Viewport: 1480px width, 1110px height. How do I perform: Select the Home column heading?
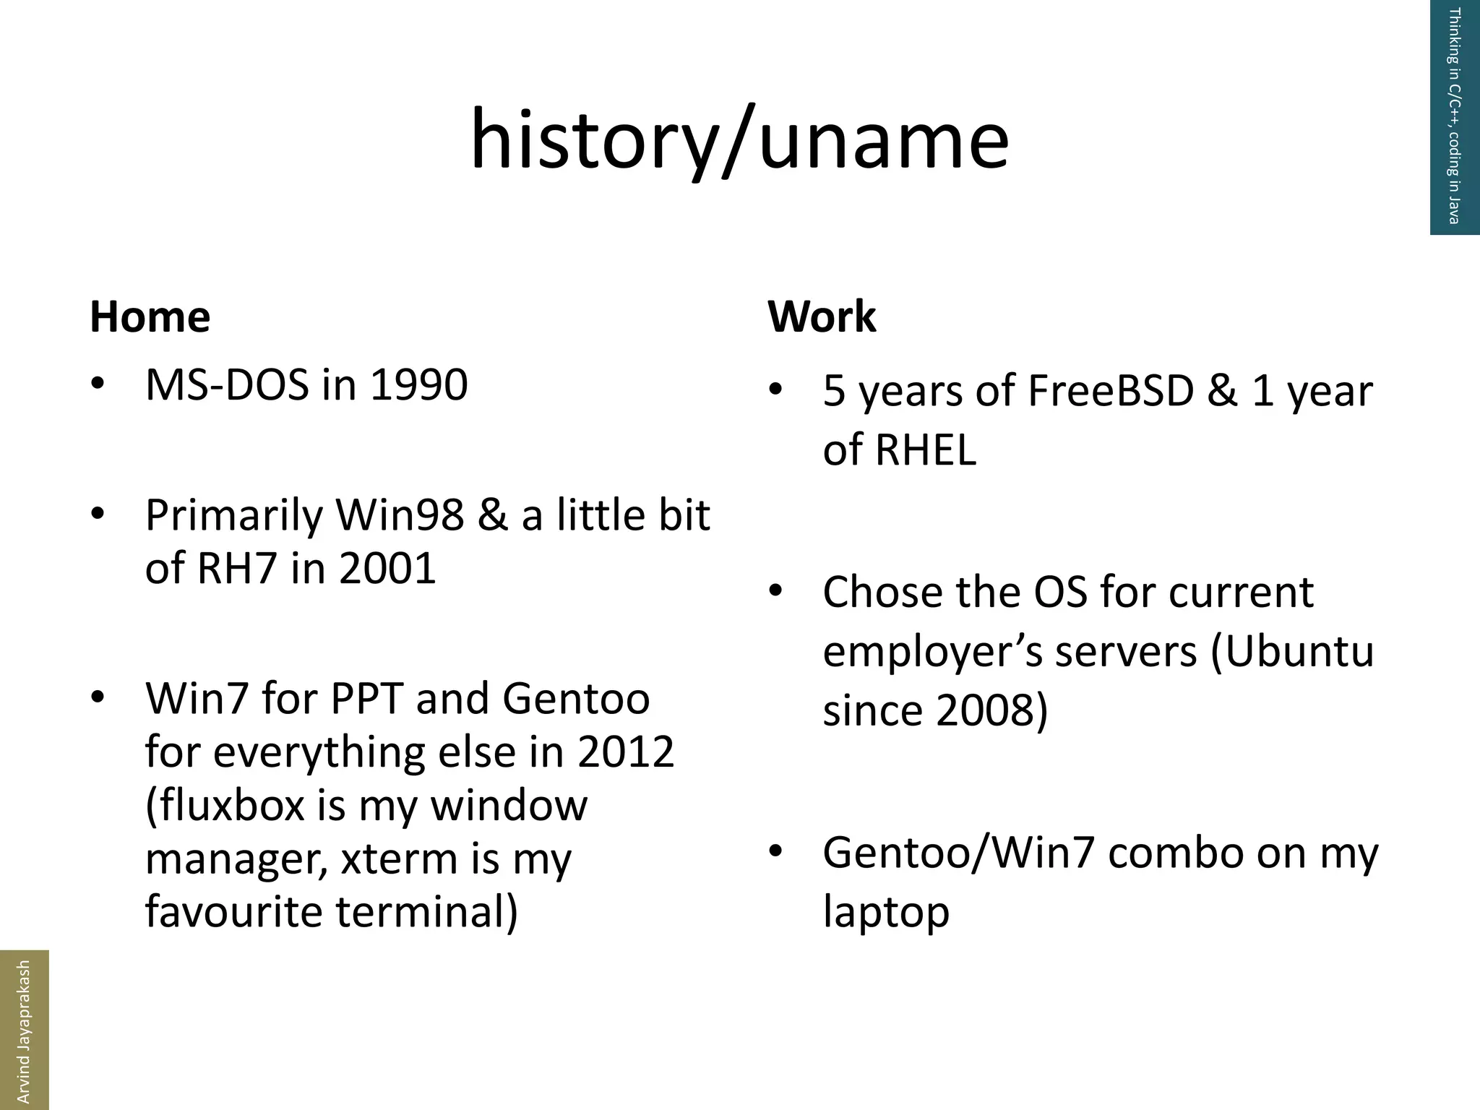click(150, 317)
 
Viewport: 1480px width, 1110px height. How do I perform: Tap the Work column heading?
click(822, 317)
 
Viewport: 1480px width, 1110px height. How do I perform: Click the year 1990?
click(418, 384)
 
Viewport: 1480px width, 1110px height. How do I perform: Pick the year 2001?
click(387, 568)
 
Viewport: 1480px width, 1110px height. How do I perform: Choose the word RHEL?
click(926, 449)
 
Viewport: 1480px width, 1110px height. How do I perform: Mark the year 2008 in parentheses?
click(984, 710)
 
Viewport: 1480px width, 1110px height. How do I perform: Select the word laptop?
click(886, 912)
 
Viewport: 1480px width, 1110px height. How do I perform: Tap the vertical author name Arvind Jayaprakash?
click(24, 1030)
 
